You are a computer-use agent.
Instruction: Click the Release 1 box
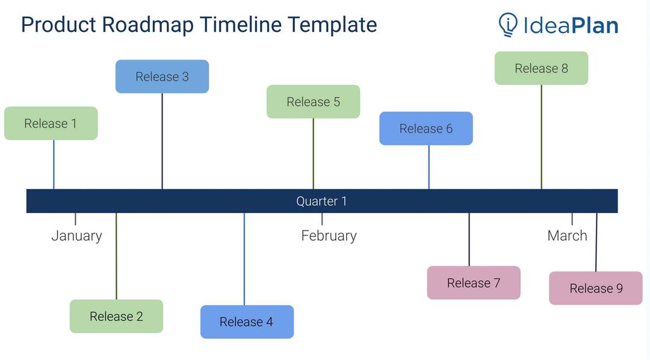(x=51, y=123)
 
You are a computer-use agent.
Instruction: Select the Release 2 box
(x=116, y=316)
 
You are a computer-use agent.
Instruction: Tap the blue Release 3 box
(x=162, y=76)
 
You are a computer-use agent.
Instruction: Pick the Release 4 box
(x=247, y=321)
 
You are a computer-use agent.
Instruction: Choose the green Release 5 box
(x=313, y=102)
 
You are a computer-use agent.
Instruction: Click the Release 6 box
(x=426, y=128)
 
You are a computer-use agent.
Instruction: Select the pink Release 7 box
(x=474, y=282)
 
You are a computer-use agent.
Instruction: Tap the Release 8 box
(x=541, y=68)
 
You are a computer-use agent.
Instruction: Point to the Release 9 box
(x=596, y=288)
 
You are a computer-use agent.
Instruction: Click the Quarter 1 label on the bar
(x=321, y=201)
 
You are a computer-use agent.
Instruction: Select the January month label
(x=76, y=235)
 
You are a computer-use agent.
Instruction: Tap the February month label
(x=329, y=235)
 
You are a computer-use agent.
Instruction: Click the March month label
(x=567, y=235)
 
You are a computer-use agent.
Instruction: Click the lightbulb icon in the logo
(x=508, y=25)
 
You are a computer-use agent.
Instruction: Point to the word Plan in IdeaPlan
(x=594, y=25)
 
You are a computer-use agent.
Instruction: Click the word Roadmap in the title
(x=147, y=25)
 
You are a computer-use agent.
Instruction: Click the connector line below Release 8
(x=541, y=137)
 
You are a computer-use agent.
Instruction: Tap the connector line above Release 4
(x=244, y=259)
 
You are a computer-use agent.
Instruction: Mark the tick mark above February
(x=322, y=219)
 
